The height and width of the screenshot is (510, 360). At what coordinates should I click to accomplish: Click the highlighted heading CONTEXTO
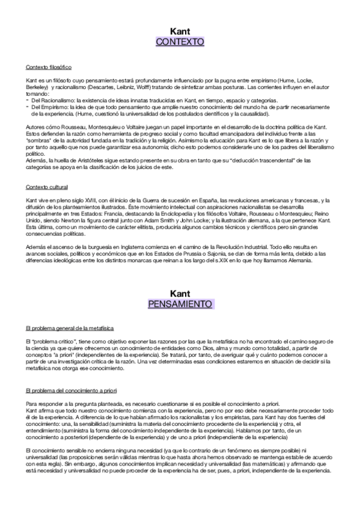pos(180,42)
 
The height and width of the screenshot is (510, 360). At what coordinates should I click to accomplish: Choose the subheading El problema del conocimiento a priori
pos(75,373)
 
